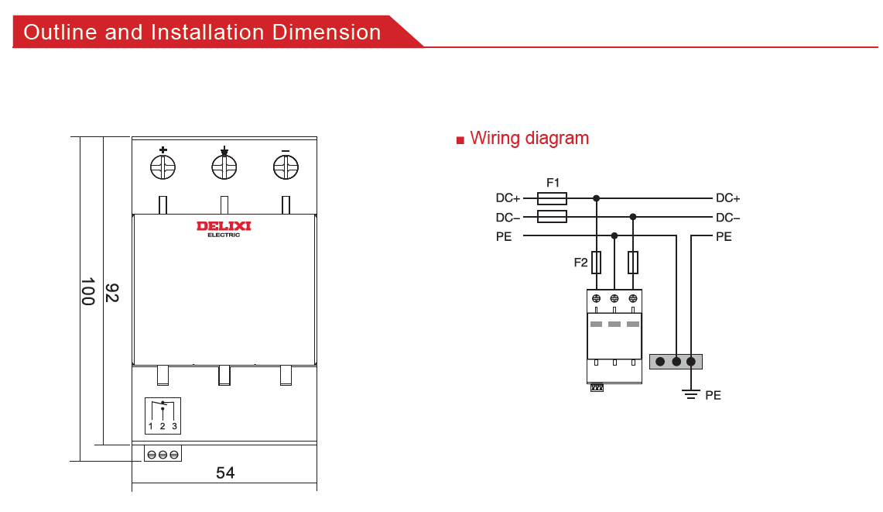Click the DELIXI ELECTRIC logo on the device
[224, 228]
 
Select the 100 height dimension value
[87, 291]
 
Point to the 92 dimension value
[112, 293]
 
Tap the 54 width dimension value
[225, 472]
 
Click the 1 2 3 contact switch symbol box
[163, 416]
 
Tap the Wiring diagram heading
[529, 139]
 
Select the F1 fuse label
[553, 183]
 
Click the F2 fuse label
[580, 263]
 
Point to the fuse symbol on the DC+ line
[552, 198]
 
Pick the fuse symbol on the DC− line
[552, 217]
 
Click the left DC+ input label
[508, 199]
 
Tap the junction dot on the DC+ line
[596, 198]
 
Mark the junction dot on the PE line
[614, 235]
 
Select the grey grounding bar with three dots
[676, 362]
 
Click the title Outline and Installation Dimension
[203, 33]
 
